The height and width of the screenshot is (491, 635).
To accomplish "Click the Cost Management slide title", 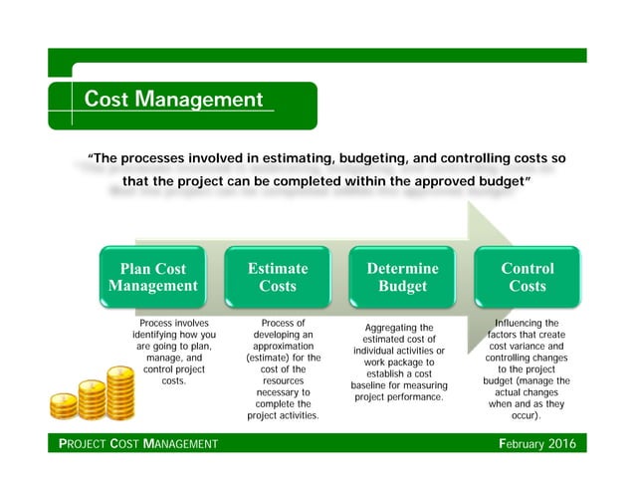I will (173, 100).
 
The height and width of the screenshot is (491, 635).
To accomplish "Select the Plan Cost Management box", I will (152, 277).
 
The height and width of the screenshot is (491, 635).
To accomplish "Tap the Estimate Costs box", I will (278, 277).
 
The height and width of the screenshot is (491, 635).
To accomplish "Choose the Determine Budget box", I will (402, 277).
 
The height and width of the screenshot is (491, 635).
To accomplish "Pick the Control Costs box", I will (527, 277).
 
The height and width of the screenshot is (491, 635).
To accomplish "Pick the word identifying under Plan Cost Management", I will (157, 335).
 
